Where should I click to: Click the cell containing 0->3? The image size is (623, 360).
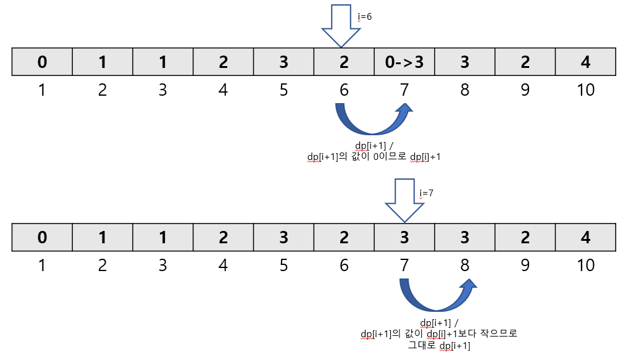pyautogui.click(x=404, y=62)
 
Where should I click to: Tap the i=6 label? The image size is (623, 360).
pyautogui.click(x=365, y=17)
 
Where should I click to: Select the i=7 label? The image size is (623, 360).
pyautogui.click(x=427, y=193)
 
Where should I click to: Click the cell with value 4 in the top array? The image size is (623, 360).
pyautogui.click(x=585, y=62)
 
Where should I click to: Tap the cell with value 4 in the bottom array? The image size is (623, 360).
pyautogui.click(x=585, y=237)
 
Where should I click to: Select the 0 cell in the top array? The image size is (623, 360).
pyautogui.click(x=42, y=62)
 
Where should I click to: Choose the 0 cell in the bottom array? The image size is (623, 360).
pyautogui.click(x=42, y=237)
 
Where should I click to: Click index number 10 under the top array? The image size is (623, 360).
pyautogui.click(x=585, y=90)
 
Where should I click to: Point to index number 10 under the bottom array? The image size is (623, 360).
pyautogui.click(x=585, y=266)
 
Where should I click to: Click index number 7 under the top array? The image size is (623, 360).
pyautogui.click(x=404, y=90)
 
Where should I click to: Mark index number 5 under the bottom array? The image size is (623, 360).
pyautogui.click(x=283, y=266)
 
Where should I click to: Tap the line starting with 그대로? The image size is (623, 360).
pyautogui.click(x=439, y=346)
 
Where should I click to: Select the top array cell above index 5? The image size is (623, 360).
pyautogui.click(x=283, y=62)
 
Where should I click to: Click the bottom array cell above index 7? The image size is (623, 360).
pyautogui.click(x=404, y=237)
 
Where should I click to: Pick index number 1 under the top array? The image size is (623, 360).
pyautogui.click(x=42, y=90)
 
